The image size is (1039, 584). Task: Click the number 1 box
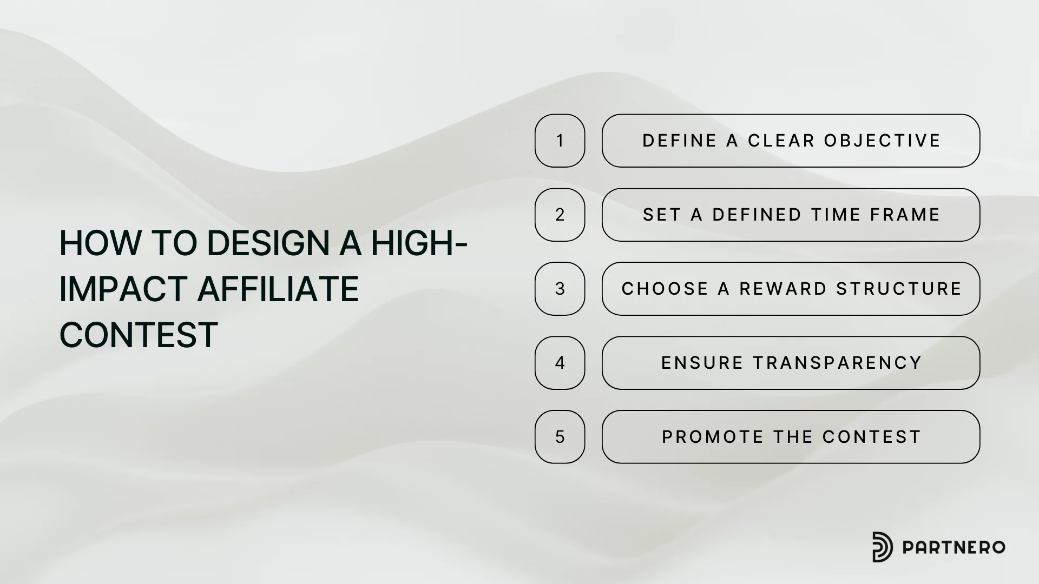point(560,141)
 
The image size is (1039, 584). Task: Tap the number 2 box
point(560,215)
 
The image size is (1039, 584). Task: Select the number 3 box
point(560,289)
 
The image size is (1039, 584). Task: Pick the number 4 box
point(560,363)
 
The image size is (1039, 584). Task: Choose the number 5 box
point(560,437)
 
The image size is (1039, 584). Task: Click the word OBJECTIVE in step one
point(882,141)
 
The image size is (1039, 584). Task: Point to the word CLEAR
point(781,141)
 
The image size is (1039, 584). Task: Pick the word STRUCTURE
point(899,289)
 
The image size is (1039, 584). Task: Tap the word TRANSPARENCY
point(838,363)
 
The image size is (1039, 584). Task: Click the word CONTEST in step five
point(872,437)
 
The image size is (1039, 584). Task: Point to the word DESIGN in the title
point(268,243)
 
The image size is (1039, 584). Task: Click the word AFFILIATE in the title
point(278,289)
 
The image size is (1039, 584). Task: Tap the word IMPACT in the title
point(123,289)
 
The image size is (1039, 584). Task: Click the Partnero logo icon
point(883,547)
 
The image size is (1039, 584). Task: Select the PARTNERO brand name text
point(953,547)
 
